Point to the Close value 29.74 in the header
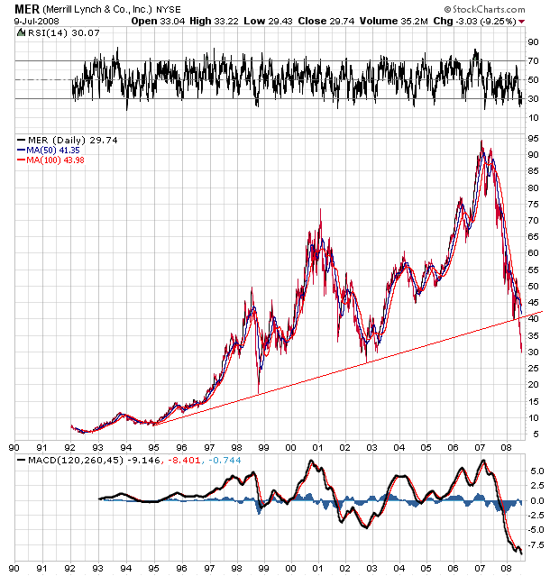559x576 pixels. click(340, 20)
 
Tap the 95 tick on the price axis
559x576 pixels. click(534, 138)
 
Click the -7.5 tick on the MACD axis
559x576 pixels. click(536, 544)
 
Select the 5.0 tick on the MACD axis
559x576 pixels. click(535, 471)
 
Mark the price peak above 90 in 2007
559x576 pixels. click(481, 142)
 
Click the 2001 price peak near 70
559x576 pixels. click(320, 211)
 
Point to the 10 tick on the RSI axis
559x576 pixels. click(534, 118)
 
